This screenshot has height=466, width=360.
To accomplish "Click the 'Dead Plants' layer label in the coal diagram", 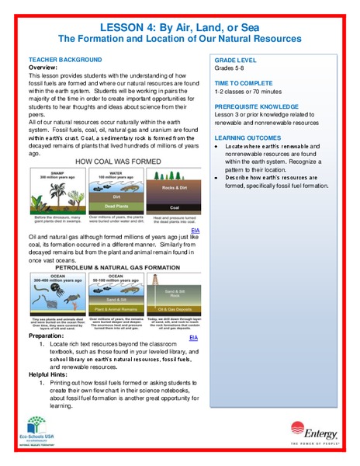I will click(x=114, y=207).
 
